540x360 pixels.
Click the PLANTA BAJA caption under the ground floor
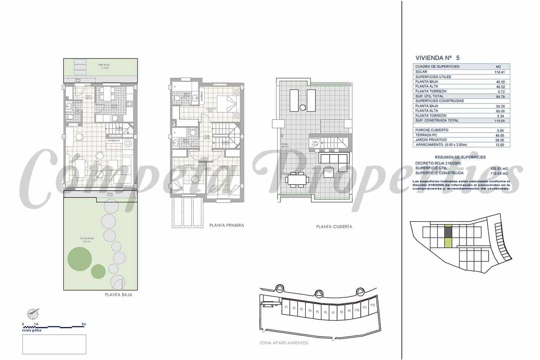[x=118, y=294]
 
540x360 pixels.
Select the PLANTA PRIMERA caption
[x=226, y=225]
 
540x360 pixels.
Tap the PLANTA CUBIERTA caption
[x=334, y=226]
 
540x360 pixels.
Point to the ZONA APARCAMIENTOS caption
[x=284, y=343]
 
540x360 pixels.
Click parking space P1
[x=286, y=308]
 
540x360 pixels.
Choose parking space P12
[x=372, y=306]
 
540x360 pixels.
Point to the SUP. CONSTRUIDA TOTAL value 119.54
[x=499, y=121]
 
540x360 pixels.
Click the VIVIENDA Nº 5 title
[x=437, y=58]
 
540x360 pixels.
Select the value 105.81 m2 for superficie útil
[x=499, y=168]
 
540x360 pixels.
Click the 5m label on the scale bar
[x=84, y=324]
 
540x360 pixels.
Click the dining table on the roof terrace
[x=297, y=180]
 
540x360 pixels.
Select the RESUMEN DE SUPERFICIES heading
[x=460, y=157]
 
